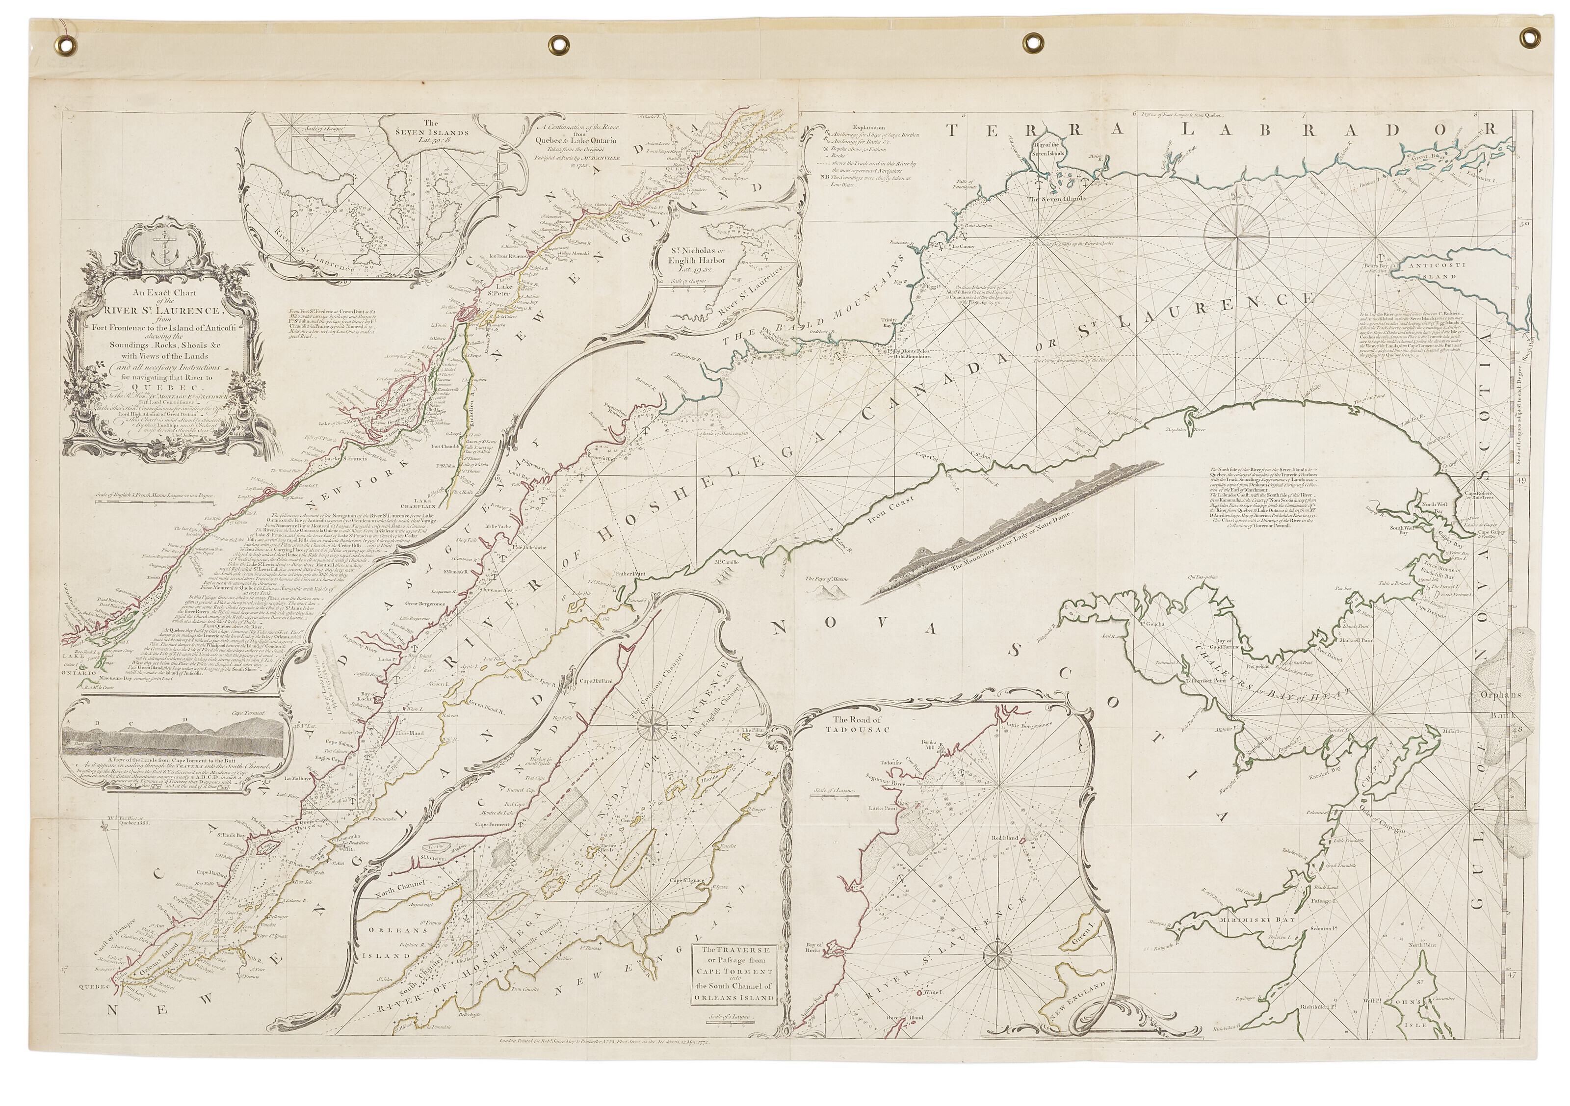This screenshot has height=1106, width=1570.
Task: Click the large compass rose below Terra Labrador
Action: click(x=1240, y=237)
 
